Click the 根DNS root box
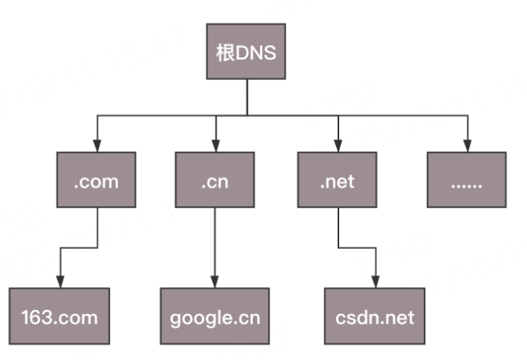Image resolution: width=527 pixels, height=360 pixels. [x=246, y=52]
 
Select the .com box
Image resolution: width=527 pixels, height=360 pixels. [x=97, y=181]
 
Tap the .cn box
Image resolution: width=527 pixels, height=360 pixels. [x=215, y=181]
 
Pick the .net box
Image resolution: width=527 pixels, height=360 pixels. [x=338, y=181]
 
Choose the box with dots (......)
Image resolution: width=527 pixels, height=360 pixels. [x=465, y=181]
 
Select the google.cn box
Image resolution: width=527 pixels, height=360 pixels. [x=215, y=316]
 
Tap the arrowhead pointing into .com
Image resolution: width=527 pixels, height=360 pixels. [x=97, y=147]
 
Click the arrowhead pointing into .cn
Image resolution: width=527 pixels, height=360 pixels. [x=215, y=147]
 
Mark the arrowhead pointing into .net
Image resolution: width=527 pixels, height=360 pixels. [x=338, y=147]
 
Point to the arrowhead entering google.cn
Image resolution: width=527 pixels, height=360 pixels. [x=215, y=282]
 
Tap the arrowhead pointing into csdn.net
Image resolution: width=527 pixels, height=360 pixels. [x=375, y=282]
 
